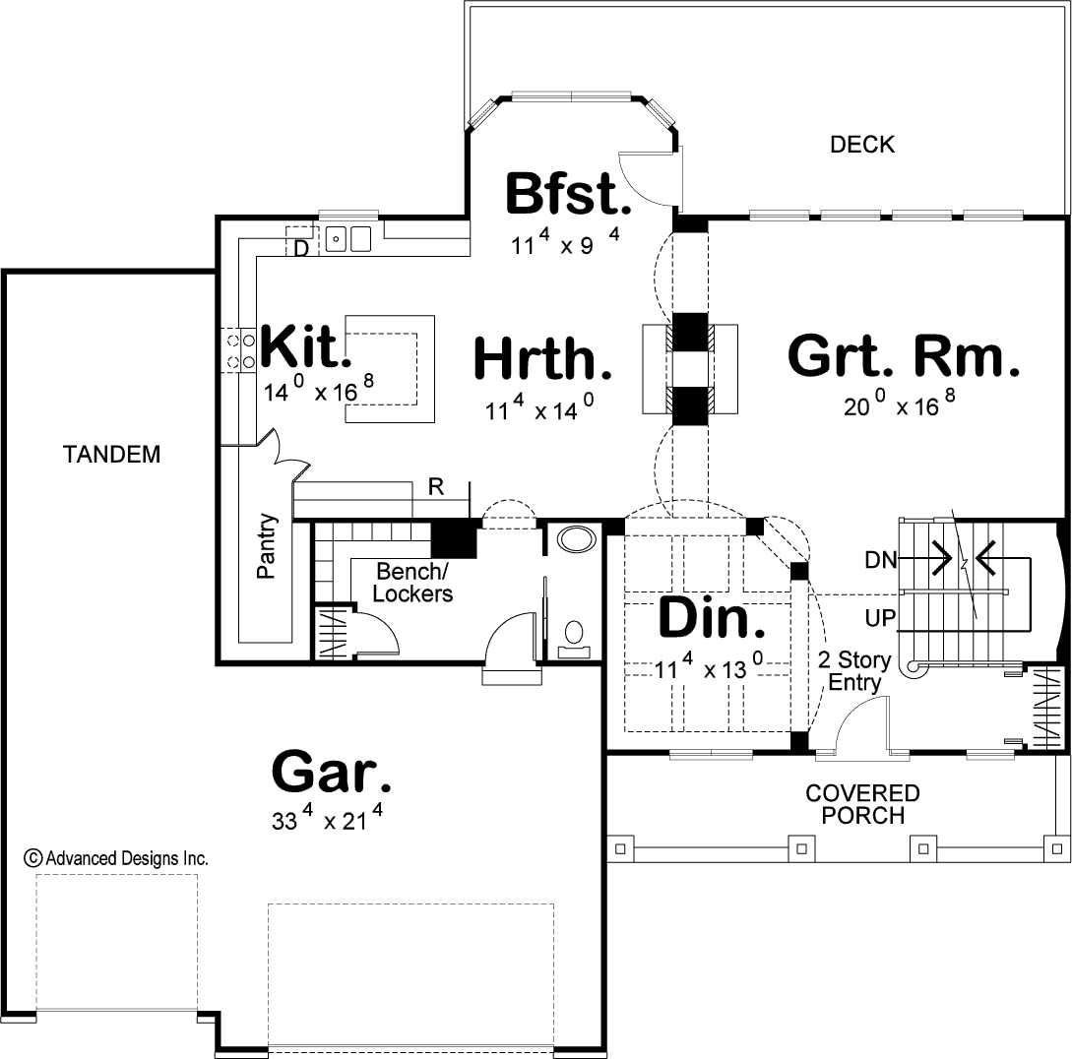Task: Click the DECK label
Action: (862, 145)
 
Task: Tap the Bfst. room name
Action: (568, 193)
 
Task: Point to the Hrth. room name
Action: (542, 358)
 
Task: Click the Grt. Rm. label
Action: (904, 356)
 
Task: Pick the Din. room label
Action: (711, 617)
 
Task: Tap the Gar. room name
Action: (333, 772)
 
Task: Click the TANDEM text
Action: (111, 454)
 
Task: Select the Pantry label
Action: (268, 546)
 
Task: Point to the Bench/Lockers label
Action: (412, 582)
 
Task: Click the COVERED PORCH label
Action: (862, 804)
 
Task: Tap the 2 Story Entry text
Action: (854, 670)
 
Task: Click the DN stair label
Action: (881, 560)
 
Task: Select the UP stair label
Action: (880, 618)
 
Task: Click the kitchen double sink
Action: (347, 238)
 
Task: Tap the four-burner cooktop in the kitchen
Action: (238, 350)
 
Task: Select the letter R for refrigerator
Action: (436, 487)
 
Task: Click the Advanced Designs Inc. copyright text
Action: (116, 858)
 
